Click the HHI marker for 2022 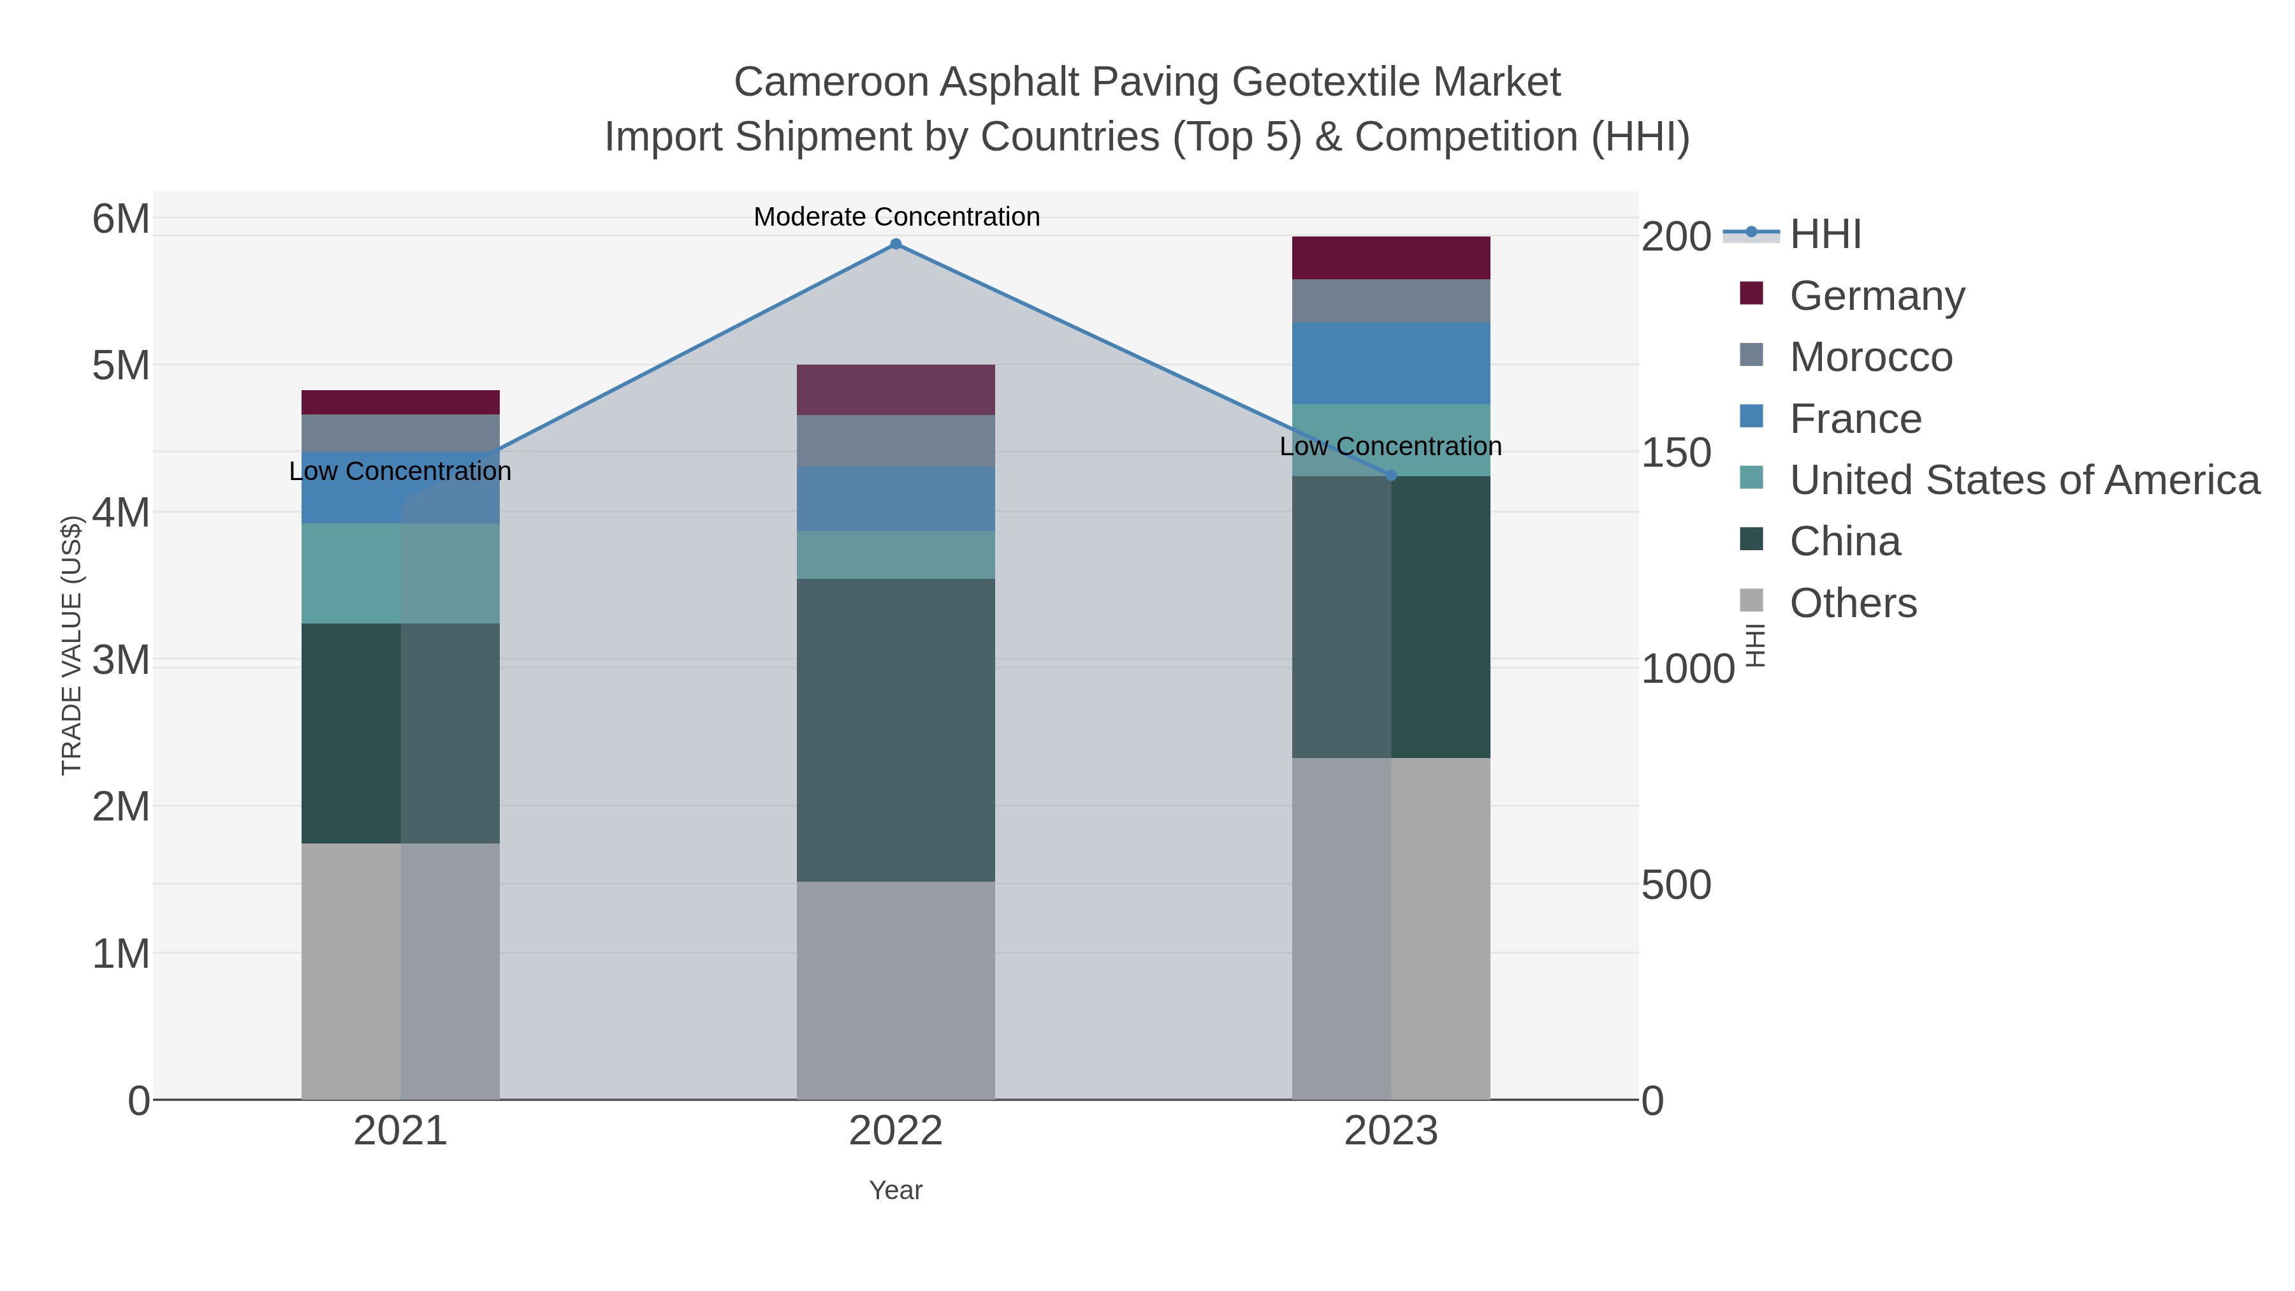(x=896, y=244)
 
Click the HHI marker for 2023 (x=1392, y=476)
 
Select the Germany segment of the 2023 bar (x=1391, y=258)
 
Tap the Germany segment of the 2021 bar (x=400, y=403)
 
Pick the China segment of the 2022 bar (x=896, y=731)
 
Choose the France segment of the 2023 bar (x=1391, y=363)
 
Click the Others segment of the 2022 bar (x=896, y=991)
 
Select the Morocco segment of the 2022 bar (x=896, y=441)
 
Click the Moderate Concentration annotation (x=896, y=217)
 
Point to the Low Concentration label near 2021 (x=400, y=471)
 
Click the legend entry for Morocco (x=1871, y=357)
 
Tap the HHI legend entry (x=1825, y=235)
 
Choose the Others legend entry (x=1853, y=603)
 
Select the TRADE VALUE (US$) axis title (x=71, y=645)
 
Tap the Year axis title (x=896, y=1190)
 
